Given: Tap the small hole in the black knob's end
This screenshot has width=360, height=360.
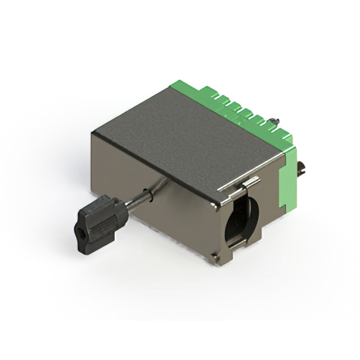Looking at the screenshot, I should [x=80, y=231].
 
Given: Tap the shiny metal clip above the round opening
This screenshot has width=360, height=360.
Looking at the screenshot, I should [x=248, y=183].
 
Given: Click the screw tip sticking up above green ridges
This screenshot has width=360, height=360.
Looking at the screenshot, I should [x=274, y=120].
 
